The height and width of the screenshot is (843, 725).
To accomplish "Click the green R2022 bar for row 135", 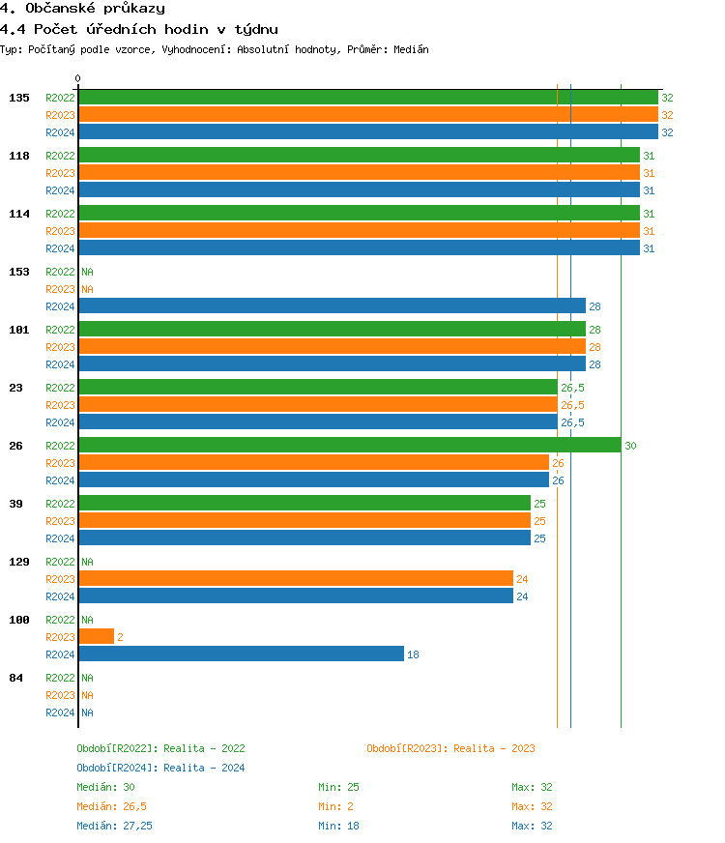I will [x=367, y=98].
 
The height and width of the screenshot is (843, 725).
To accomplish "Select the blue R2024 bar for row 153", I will [x=332, y=306].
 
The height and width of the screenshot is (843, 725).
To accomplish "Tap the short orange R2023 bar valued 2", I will [x=96, y=637].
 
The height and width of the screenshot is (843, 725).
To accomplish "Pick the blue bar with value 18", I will [x=241, y=654].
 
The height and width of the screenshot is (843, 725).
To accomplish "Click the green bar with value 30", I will [x=349, y=446].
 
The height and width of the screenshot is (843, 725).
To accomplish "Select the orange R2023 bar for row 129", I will [x=295, y=579].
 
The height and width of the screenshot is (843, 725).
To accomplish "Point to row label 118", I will [x=19, y=156].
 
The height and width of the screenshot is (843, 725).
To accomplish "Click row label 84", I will [x=16, y=678].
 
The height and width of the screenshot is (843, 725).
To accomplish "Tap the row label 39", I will [x=16, y=504].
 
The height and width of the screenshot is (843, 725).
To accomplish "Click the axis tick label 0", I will [x=78, y=79].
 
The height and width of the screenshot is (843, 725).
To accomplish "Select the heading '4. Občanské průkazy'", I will [x=82, y=9].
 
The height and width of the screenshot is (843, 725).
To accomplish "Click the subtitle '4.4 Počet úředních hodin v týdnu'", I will [x=139, y=30].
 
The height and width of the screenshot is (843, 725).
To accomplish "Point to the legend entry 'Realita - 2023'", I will [x=450, y=748].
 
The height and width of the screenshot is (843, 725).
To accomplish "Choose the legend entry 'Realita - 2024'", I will [x=160, y=768].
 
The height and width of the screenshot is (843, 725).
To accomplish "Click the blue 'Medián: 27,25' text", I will [x=114, y=826].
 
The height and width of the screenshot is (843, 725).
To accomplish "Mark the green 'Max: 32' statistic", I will [x=532, y=787].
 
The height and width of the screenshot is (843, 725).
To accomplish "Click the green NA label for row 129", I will [x=87, y=562].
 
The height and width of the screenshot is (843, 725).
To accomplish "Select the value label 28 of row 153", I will [x=594, y=306].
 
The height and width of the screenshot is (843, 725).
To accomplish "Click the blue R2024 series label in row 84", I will [x=60, y=712].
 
